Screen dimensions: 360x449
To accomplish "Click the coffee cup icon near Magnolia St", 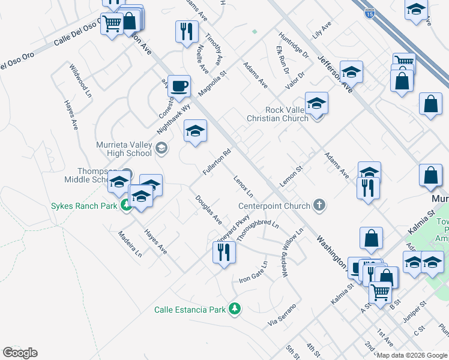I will point(179,86).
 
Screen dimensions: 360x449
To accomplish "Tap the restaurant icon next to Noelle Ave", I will point(187,31).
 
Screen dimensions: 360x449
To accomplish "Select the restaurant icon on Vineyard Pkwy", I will point(224,252).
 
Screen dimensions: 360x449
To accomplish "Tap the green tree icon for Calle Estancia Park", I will point(235,309).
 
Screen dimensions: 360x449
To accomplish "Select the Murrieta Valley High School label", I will point(124,149).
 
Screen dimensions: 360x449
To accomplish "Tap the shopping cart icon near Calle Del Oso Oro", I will point(112,25).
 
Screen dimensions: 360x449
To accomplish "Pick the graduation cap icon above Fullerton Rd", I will point(195,131).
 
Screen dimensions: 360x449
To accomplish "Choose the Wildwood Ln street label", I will point(80,81).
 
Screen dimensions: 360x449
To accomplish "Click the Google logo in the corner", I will point(20,353).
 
